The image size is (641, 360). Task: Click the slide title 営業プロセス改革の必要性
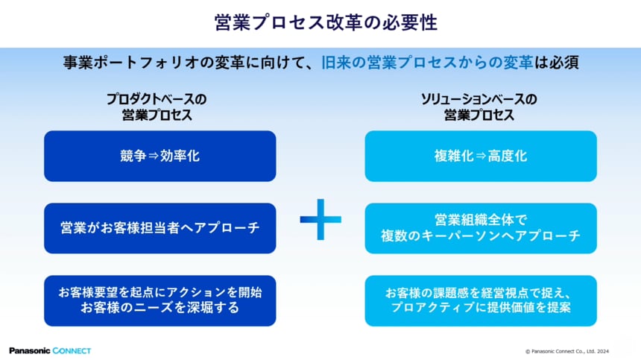pyautogui.click(x=320, y=22)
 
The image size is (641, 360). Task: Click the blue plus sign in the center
pyautogui.click(x=320, y=219)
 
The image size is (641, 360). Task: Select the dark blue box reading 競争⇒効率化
pyautogui.click(x=160, y=157)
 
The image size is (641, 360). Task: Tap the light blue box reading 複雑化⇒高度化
pyautogui.click(x=481, y=157)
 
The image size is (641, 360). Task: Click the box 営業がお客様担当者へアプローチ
pyautogui.click(x=160, y=228)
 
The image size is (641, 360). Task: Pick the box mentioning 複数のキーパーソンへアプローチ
pyautogui.click(x=481, y=228)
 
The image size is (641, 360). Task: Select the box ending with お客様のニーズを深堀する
pyautogui.click(x=160, y=300)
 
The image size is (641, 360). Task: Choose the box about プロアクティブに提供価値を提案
pyautogui.click(x=481, y=300)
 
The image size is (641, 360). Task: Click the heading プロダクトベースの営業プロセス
pyautogui.click(x=157, y=107)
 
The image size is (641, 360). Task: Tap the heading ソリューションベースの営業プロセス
pyautogui.click(x=479, y=107)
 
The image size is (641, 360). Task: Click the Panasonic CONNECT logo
pyautogui.click(x=50, y=350)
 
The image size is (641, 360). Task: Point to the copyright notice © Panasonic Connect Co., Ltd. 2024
pyautogui.click(x=567, y=350)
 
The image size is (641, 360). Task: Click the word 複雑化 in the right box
pyautogui.click(x=454, y=157)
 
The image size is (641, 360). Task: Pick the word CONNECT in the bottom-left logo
pyautogui.click(x=72, y=350)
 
